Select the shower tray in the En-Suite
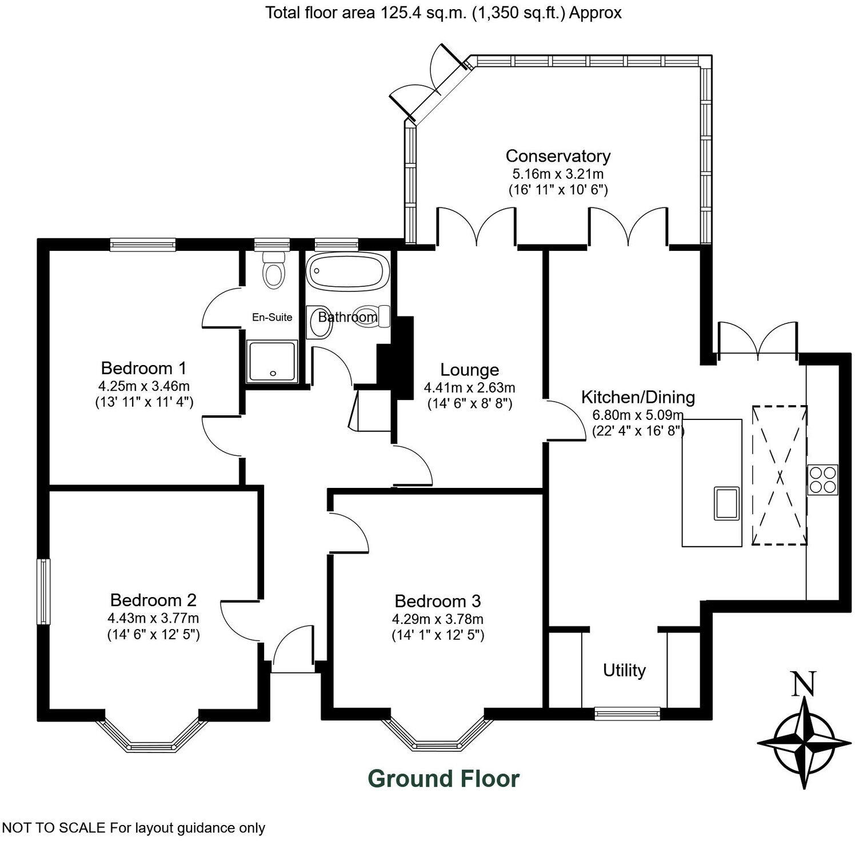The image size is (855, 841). pos(272,362)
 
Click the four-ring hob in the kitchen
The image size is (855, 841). pos(822,479)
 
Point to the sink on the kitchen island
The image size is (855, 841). pos(726,503)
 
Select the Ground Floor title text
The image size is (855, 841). pos(444,779)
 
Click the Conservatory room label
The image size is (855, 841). pos(558,155)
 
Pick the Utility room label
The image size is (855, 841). pos(624,670)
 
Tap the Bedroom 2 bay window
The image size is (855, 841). pos(151,737)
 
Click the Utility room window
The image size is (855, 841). pos(627,712)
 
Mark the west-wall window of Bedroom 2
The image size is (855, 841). pos(43,591)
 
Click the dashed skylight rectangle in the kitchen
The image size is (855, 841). pos(779,475)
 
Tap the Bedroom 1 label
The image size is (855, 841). pos(143,367)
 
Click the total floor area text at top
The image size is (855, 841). pos(443,13)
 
